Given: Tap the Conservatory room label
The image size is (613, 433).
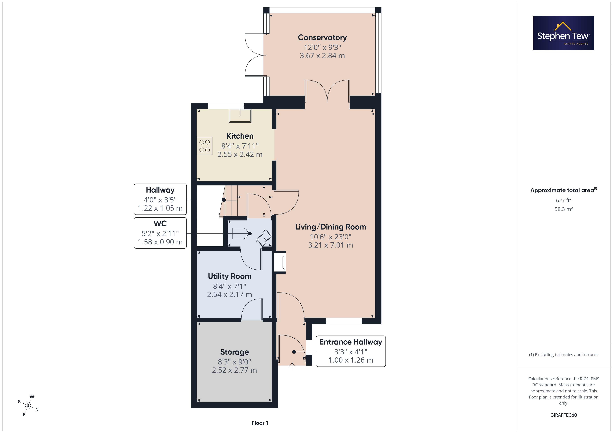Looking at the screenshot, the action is tap(322, 38).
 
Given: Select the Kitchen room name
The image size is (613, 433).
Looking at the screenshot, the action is tap(240, 136).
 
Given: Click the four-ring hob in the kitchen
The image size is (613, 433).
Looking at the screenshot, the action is tap(205, 146).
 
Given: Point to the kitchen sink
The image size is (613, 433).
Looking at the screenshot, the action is tap(240, 116).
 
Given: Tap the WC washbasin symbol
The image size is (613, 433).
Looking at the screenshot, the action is tap(264, 237).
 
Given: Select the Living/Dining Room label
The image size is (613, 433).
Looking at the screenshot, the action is tap(330, 227).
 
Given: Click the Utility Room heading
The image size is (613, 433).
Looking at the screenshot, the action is tap(230, 276).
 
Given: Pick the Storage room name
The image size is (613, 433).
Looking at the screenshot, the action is tap(234, 352).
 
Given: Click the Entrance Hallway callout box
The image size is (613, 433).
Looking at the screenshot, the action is tap(351, 351).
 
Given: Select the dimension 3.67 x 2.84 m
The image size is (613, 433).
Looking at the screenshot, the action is tap(322, 56).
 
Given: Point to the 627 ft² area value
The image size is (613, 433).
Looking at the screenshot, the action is tap(564, 200).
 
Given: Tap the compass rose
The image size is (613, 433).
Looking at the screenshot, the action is tap(28, 406).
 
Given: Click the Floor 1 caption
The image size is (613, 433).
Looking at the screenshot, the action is tap(260, 423).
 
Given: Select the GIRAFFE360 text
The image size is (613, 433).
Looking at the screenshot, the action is tap(564, 415).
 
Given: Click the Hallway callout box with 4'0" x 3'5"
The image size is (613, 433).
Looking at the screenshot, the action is tap(160, 199).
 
